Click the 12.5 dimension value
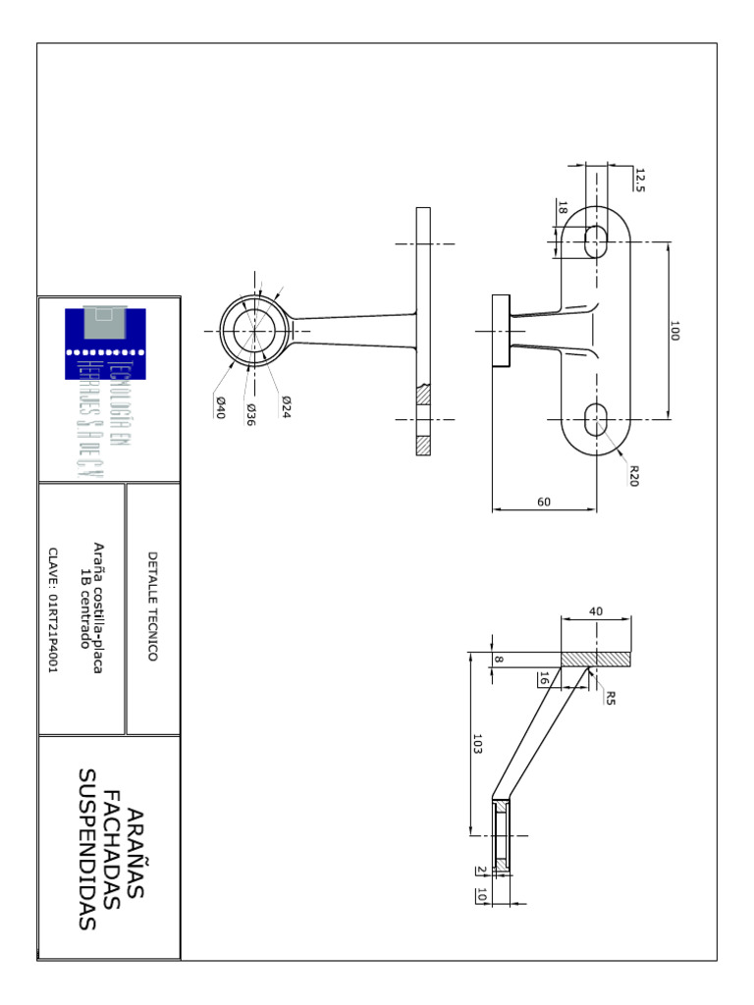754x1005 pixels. coord(641,180)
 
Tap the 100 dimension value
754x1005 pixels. coord(674,331)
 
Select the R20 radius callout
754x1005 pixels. coord(634,476)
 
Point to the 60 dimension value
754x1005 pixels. coord(544,502)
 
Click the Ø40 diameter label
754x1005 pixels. coord(221,407)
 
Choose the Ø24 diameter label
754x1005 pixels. coord(286,407)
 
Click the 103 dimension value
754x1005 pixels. coord(478,746)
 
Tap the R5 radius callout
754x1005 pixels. coord(610,698)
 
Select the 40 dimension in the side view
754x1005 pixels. coord(595,610)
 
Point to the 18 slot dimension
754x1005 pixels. coord(563,208)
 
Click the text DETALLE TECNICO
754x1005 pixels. coord(152,606)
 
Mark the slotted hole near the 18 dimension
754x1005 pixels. coord(594,241)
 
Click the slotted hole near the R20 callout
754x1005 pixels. coord(594,421)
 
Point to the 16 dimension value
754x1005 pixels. coord(543,678)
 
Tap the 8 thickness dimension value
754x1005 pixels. coord(499,660)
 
